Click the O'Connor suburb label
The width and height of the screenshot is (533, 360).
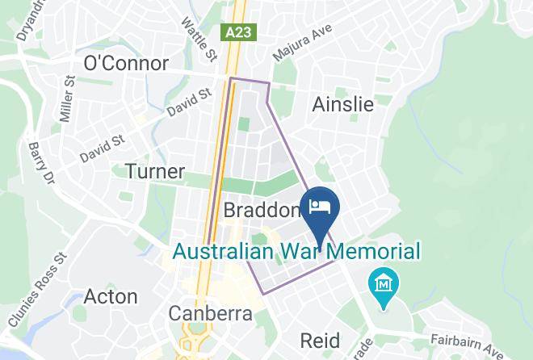coord(126,64)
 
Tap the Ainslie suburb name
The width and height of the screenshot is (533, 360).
coord(343,104)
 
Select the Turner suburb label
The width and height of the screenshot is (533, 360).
coord(155,171)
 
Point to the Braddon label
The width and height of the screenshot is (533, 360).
coord(261,211)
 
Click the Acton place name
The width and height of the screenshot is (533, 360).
coord(111,296)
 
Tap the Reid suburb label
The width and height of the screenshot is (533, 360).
coord(321,338)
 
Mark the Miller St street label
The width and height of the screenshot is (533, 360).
coord(68,98)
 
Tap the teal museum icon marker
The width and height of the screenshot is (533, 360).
coord(380,284)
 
